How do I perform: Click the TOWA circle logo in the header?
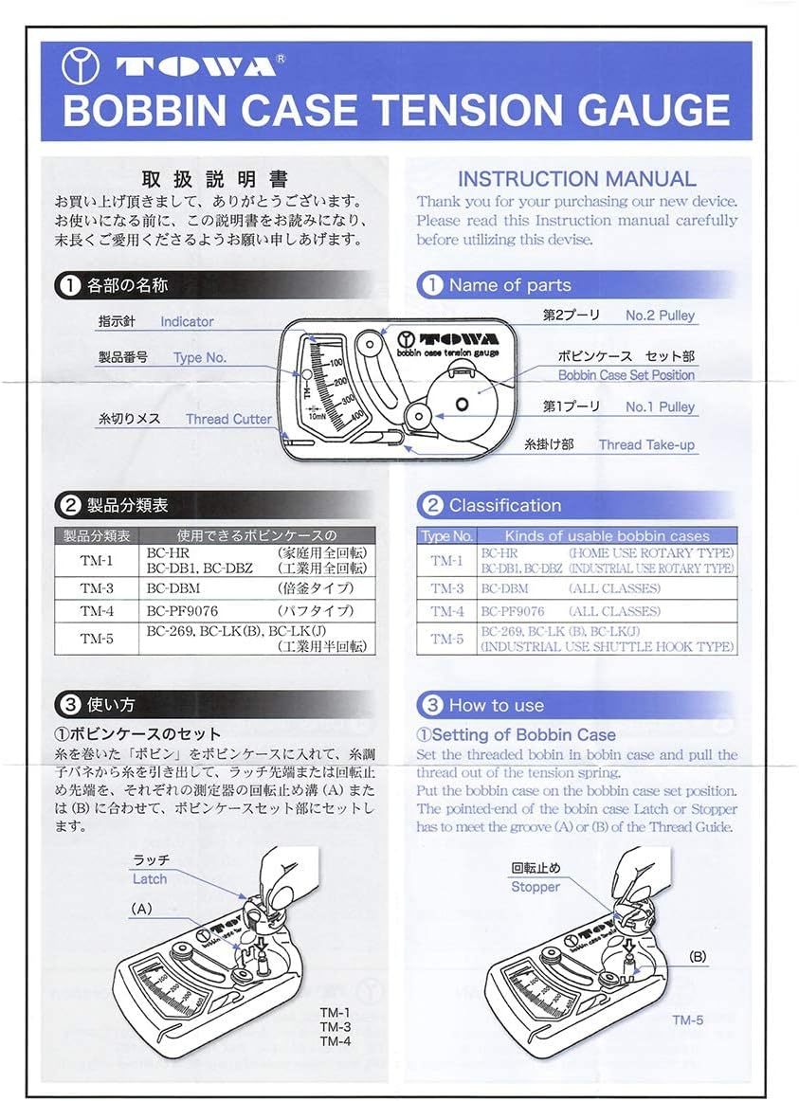pyautogui.click(x=81, y=66)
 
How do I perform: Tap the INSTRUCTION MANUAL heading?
pyautogui.click(x=576, y=178)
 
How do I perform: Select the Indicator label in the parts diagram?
pyautogui.click(x=187, y=321)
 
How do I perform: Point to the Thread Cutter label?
pyautogui.click(x=228, y=419)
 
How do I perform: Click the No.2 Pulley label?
pyautogui.click(x=660, y=316)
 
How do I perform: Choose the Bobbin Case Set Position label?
pyautogui.click(x=626, y=375)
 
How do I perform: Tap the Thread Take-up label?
pyautogui.click(x=646, y=444)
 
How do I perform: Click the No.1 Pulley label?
pyautogui.click(x=660, y=406)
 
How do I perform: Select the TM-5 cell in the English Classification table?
pyautogui.click(x=447, y=639)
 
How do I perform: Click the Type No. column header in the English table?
pyautogui.click(x=447, y=535)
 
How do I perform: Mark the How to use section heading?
pyautogui.click(x=496, y=705)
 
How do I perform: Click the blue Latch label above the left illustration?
pyautogui.click(x=150, y=879)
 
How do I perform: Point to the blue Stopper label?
pyautogui.click(x=536, y=887)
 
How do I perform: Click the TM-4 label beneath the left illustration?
pyautogui.click(x=336, y=1041)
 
